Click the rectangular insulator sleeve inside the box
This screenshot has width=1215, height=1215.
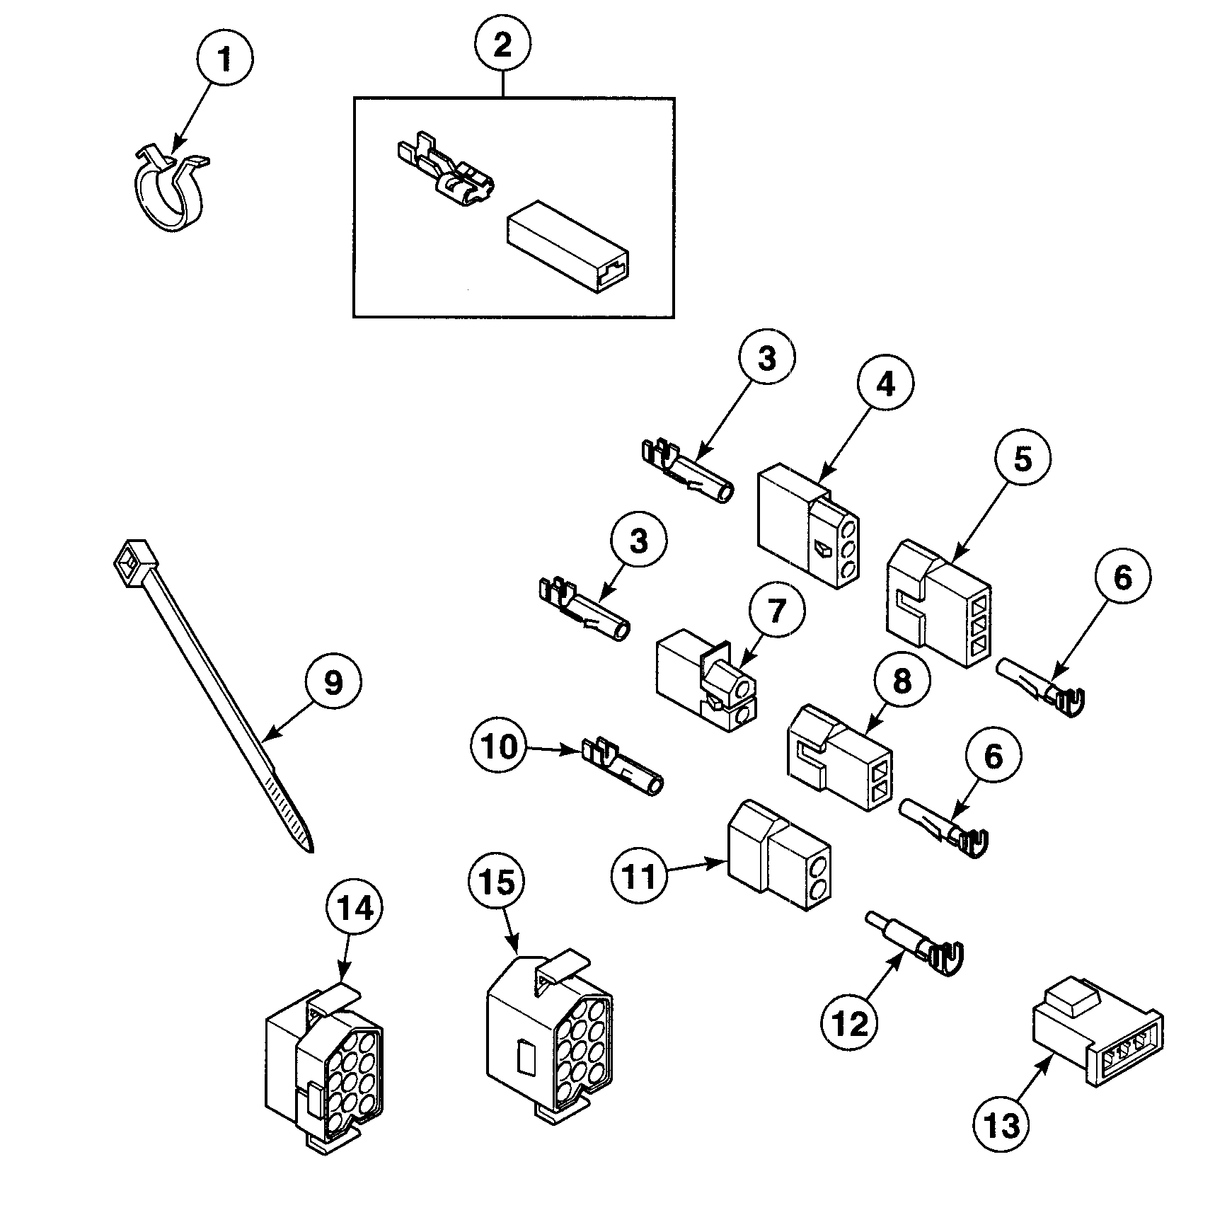(566, 248)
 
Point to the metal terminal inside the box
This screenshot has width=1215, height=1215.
(442, 170)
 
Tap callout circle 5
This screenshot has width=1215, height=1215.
(1023, 459)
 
